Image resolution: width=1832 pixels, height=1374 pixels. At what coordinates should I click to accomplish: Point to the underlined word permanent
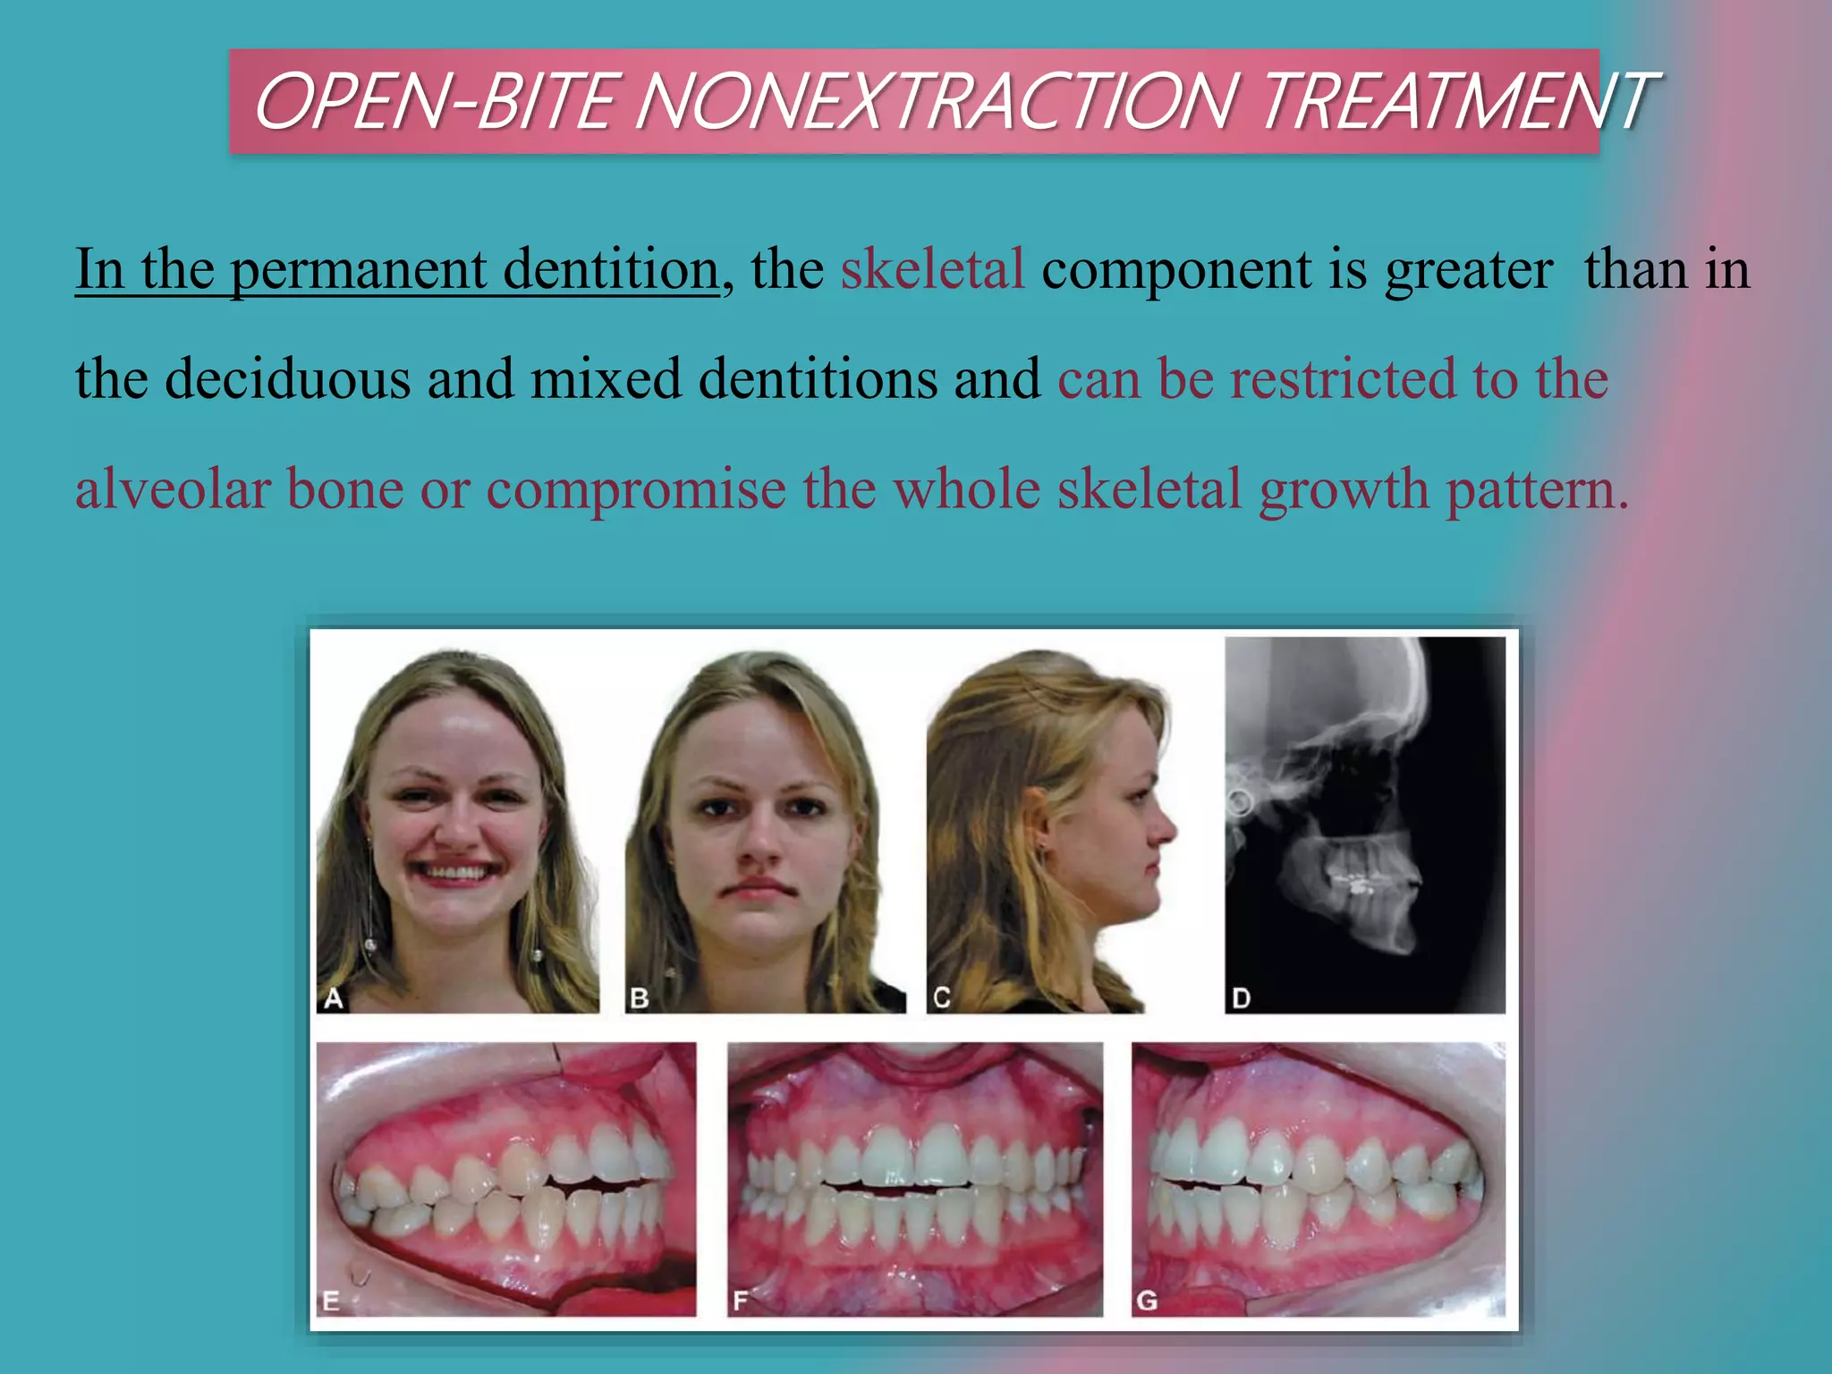pos(359,270)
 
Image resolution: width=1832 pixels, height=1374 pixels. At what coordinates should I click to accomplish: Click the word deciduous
pos(288,378)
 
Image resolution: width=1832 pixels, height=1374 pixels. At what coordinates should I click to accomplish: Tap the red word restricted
pos(1343,378)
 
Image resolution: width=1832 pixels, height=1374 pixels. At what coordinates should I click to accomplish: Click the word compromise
pos(636,490)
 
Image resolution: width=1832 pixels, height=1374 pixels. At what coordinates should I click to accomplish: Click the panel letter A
pos(334,998)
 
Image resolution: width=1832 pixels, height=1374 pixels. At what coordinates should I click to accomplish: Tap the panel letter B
pos(639,998)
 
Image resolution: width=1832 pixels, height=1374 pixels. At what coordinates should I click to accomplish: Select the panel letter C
pos(941,998)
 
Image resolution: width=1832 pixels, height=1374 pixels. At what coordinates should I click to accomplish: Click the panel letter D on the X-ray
pos(1241,998)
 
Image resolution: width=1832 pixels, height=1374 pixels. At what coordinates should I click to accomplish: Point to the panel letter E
pos(331,1301)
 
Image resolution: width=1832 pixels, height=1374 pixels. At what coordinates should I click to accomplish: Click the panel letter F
pos(740,1301)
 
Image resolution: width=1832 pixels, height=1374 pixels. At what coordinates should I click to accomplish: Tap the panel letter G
pos(1147,1301)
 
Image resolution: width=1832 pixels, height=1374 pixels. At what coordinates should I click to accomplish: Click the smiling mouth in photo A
pos(457,872)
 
